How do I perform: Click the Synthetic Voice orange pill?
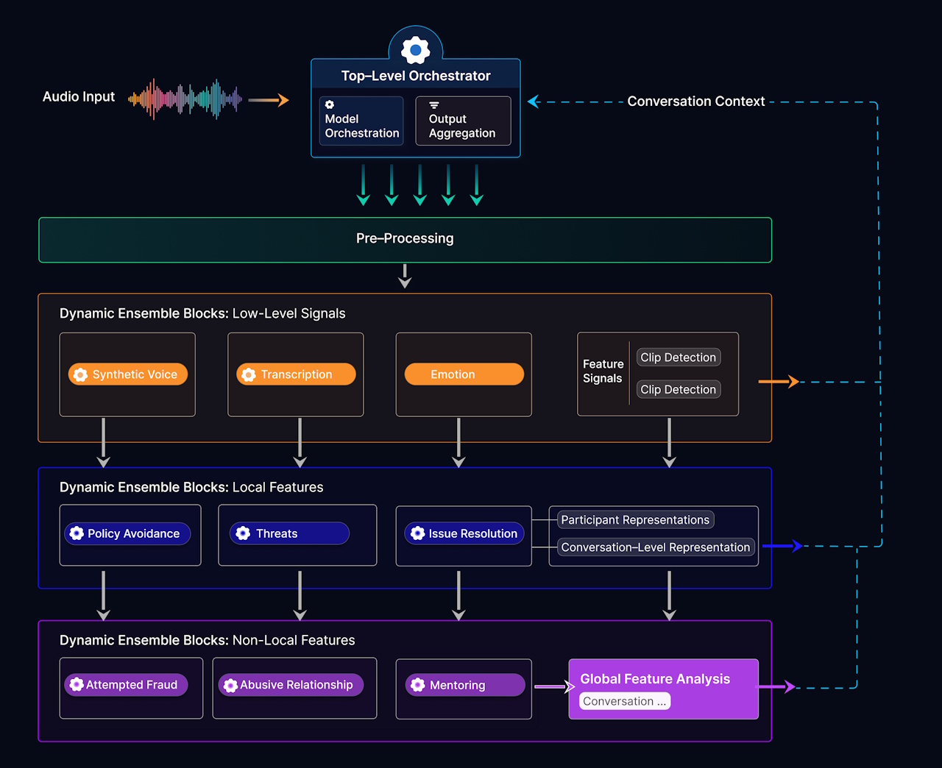coord(128,374)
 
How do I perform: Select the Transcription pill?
coord(296,374)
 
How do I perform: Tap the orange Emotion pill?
coord(464,374)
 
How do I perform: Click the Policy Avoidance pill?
coord(127,533)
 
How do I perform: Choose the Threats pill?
coord(289,533)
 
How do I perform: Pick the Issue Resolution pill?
coord(464,533)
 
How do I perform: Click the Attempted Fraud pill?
coord(126,685)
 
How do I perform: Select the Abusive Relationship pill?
coord(291,685)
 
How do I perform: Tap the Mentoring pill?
coord(464,685)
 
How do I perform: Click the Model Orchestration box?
coord(361,121)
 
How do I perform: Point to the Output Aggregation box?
coord(463,121)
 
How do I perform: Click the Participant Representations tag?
coord(635,520)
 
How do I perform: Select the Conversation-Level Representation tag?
coord(655,547)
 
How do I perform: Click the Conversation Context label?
coord(695,102)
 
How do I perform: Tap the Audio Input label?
coord(79,97)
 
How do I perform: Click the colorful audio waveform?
coord(185,99)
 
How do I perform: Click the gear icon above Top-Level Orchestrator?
coord(416,50)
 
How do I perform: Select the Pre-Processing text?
coord(405,238)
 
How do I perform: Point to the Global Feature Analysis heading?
coord(655,679)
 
